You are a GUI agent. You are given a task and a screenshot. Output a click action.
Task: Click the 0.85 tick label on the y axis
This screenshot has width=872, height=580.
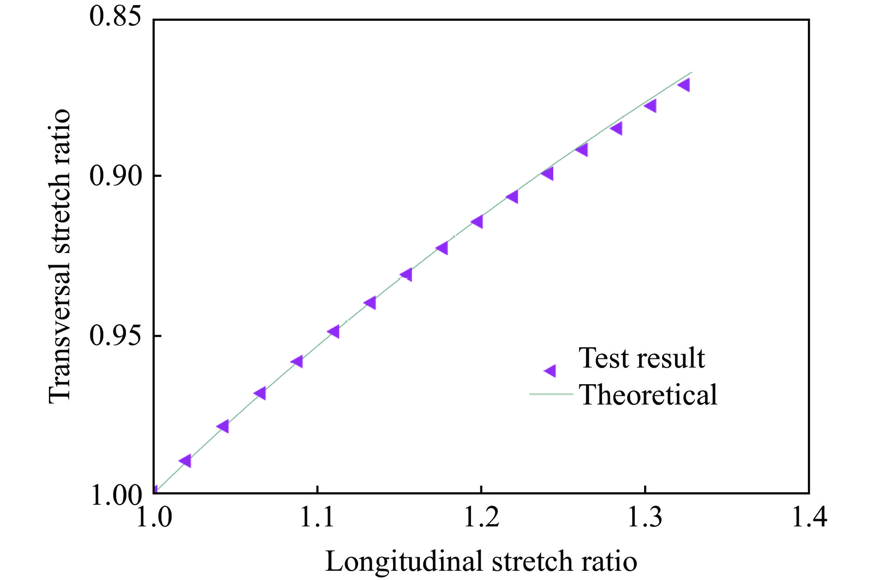pyautogui.click(x=115, y=17)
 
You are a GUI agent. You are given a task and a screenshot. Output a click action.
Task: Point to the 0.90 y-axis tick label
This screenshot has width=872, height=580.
pyautogui.click(x=115, y=176)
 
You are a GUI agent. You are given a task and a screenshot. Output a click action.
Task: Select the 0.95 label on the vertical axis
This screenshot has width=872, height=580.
pyautogui.click(x=115, y=336)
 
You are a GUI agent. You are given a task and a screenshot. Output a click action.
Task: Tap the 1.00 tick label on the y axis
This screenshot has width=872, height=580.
pyautogui.click(x=116, y=495)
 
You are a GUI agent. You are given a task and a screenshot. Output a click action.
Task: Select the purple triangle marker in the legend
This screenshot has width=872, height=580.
pyautogui.click(x=550, y=370)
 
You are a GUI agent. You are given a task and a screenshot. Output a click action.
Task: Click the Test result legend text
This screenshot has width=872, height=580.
pyautogui.click(x=642, y=358)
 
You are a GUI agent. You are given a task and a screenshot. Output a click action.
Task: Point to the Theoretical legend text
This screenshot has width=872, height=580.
pyautogui.click(x=648, y=395)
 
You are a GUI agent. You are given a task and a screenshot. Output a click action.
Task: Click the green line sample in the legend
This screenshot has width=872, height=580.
pyautogui.click(x=551, y=394)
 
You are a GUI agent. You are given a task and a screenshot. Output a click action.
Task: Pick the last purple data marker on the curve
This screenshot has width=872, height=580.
pyautogui.click(x=684, y=85)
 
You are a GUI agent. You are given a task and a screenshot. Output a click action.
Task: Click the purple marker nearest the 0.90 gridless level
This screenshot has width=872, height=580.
pyautogui.click(x=548, y=174)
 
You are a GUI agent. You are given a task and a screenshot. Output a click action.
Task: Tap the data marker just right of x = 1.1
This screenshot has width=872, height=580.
pyautogui.click(x=334, y=332)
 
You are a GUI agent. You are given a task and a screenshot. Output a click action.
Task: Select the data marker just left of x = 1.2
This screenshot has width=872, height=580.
pyautogui.click(x=478, y=222)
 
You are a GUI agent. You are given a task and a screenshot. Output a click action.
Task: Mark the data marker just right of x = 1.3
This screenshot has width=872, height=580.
pyautogui.click(x=651, y=106)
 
